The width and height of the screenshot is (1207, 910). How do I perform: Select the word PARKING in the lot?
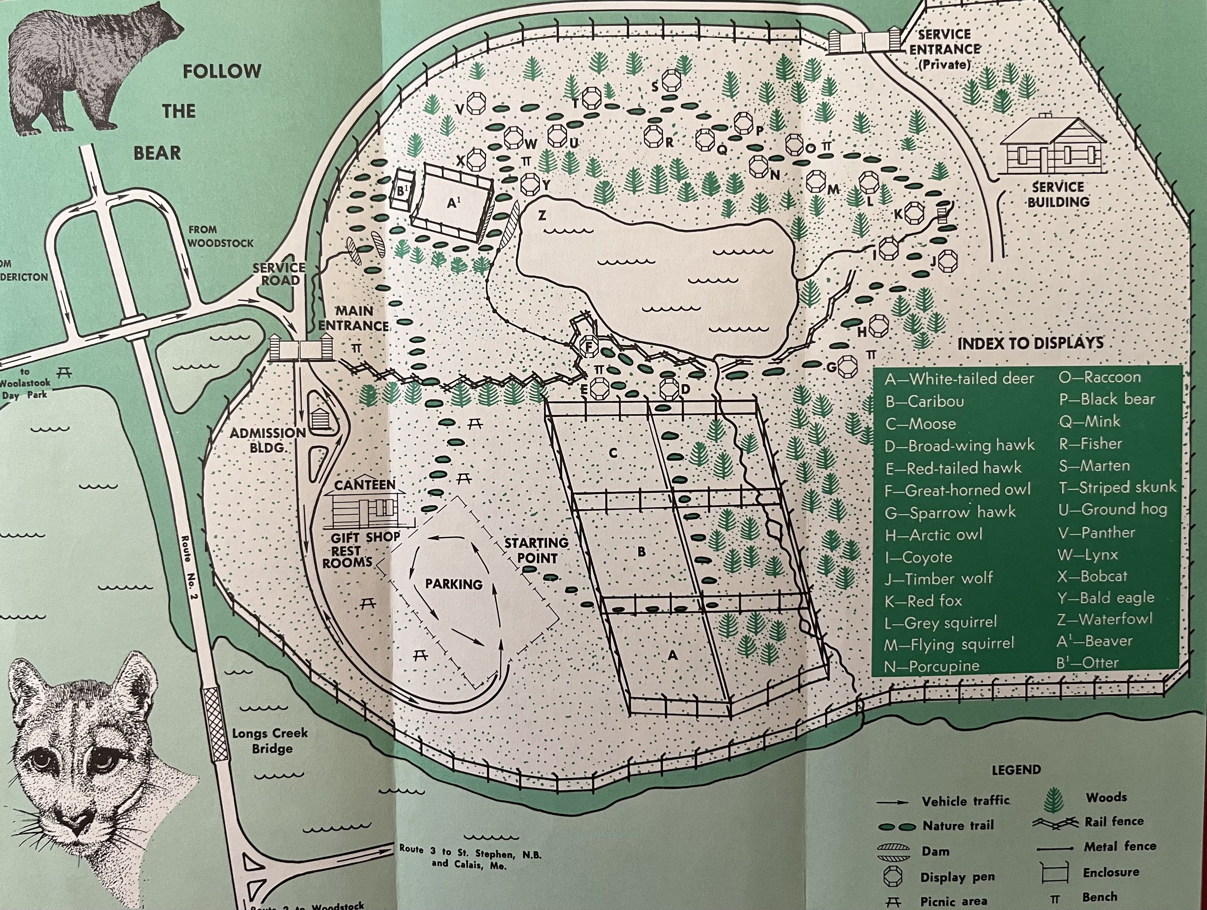(x=453, y=584)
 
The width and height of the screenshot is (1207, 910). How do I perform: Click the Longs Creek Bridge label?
(x=270, y=740)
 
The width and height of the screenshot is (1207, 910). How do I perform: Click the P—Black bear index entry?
(x=1107, y=399)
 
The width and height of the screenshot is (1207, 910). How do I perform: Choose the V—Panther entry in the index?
(x=1097, y=533)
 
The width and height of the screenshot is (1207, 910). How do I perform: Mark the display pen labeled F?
(x=589, y=346)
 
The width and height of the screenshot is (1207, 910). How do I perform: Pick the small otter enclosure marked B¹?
(x=403, y=191)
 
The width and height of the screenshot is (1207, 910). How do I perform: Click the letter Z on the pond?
(x=542, y=216)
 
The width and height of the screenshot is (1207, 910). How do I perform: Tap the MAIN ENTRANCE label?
(x=353, y=318)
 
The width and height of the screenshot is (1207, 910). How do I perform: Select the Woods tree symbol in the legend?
(x=1054, y=800)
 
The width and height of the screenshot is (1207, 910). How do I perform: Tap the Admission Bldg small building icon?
(x=318, y=419)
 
